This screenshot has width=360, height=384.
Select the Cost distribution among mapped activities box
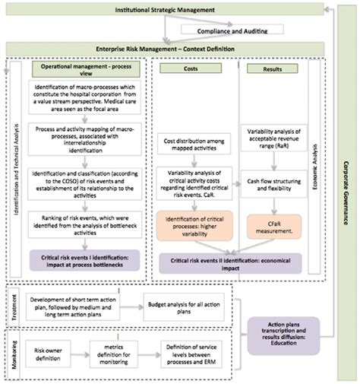[193, 145]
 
